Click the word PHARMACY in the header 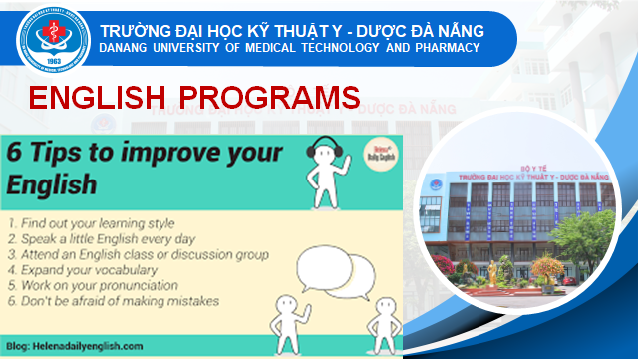tap(448, 48)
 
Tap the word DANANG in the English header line tap(127, 48)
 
